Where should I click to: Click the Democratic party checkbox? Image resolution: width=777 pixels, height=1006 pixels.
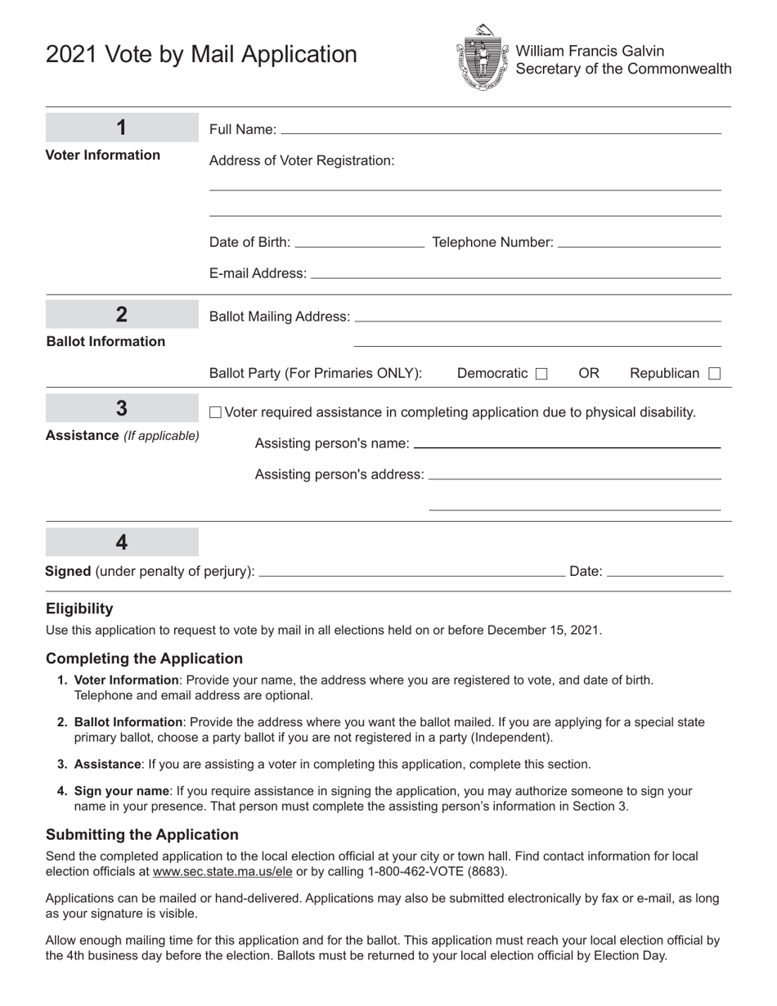(541, 374)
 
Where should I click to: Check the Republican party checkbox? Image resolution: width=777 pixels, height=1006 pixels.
(714, 374)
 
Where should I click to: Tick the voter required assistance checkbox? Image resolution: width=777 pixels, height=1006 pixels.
(215, 412)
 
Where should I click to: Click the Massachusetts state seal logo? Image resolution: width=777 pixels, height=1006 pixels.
(482, 56)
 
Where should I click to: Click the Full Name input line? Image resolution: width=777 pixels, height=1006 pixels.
(501, 128)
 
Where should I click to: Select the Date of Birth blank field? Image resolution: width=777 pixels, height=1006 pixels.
(359, 242)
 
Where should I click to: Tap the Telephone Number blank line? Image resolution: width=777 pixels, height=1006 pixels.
(638, 242)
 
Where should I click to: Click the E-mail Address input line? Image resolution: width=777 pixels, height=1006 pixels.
(515, 273)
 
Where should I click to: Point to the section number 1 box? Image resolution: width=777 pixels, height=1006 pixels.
(121, 128)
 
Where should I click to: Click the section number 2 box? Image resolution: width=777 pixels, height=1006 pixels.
(121, 314)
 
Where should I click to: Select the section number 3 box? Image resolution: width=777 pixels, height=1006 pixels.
(121, 408)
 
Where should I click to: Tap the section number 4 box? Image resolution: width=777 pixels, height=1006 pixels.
(121, 542)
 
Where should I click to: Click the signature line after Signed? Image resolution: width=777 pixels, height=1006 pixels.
(411, 572)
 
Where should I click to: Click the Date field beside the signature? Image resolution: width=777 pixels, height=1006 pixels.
(665, 572)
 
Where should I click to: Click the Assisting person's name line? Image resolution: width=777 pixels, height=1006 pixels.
(567, 443)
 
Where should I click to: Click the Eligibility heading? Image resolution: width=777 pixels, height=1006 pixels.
(79, 609)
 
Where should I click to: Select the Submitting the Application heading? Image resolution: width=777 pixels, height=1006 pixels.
(142, 834)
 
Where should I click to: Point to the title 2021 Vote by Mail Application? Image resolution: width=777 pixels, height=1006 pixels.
(201, 55)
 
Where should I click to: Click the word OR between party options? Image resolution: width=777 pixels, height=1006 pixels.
(589, 373)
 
